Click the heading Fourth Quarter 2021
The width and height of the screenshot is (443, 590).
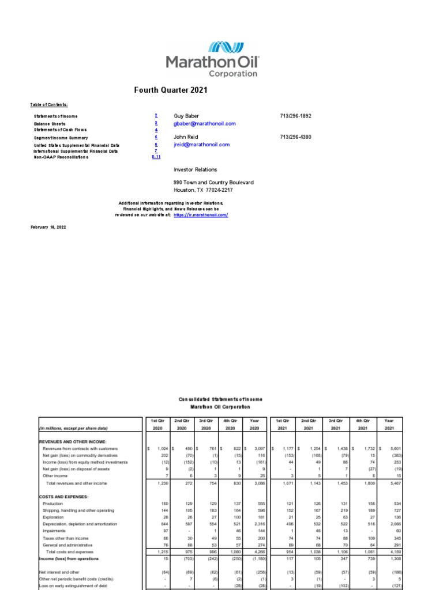pyautogui.click(x=171, y=90)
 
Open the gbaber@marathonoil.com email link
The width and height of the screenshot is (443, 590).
pyautogui.click(x=205, y=124)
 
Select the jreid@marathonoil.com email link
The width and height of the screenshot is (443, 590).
pyautogui.click(x=202, y=145)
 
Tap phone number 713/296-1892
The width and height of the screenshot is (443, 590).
pyautogui.click(x=295, y=116)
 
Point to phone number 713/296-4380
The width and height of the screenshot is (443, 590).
pyautogui.click(x=295, y=137)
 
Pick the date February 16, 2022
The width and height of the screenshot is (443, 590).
pyautogui.click(x=48, y=228)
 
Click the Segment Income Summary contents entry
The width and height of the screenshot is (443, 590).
pyautogui.click(x=61, y=138)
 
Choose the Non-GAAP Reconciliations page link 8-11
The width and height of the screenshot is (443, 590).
pyautogui.click(x=156, y=157)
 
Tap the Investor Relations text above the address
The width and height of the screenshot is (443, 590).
pyautogui.click(x=196, y=170)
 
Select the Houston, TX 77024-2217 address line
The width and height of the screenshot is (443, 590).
pyautogui.click(x=204, y=190)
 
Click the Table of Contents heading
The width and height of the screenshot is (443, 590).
pyautogui.click(x=49, y=105)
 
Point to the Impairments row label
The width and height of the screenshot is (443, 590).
pyautogui.click(x=54, y=531)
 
